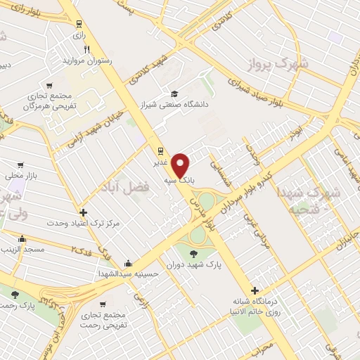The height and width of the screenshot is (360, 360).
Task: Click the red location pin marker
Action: coord(181,165)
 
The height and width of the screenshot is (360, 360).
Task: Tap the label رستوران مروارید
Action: coord(89,60)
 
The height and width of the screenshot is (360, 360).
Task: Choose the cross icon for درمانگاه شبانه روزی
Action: coord(254,290)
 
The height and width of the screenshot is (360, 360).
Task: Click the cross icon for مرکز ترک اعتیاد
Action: coord(83,212)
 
